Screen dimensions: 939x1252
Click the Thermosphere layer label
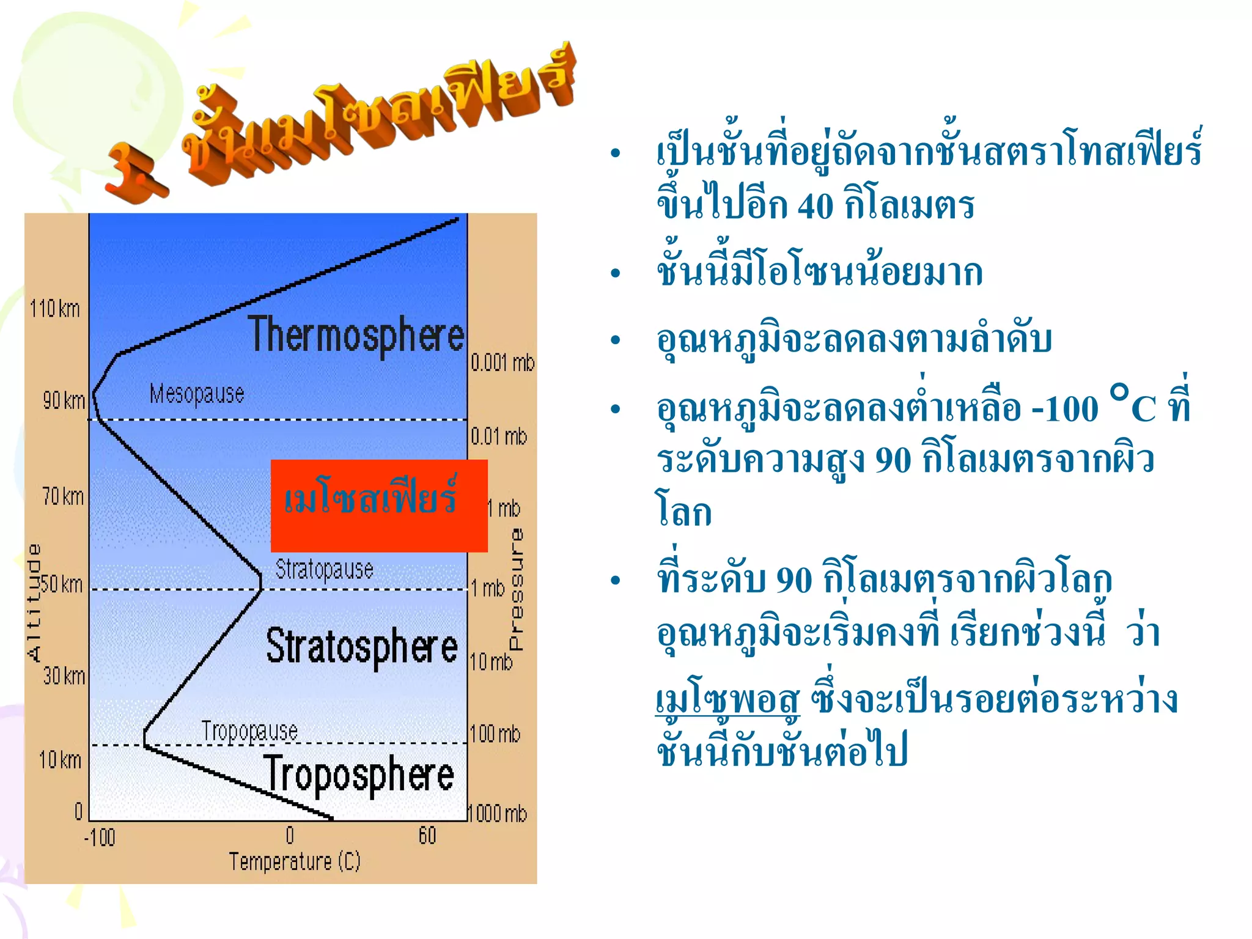pos(356,335)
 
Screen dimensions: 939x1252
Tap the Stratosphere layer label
pos(361,647)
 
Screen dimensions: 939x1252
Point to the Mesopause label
pos(197,394)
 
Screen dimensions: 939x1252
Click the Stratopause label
pos(324,569)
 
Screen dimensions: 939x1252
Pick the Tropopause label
pos(249,731)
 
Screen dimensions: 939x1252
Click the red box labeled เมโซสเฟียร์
pos(379,506)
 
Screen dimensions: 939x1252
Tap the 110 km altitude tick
pos(55,309)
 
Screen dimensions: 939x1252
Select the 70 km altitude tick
pos(63,496)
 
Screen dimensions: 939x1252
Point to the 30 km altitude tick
pos(64,676)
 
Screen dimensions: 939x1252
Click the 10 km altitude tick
pos(60,760)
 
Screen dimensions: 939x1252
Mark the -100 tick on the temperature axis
pos(100,837)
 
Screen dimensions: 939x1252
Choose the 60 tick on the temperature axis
pos(427,836)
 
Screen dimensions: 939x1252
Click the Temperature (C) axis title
pos(295,861)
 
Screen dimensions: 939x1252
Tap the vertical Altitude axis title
pos(34,602)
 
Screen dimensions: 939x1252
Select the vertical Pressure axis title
pos(517,590)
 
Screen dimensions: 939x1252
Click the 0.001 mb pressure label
pos(503,363)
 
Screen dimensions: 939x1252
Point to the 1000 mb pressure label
pos(497,814)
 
